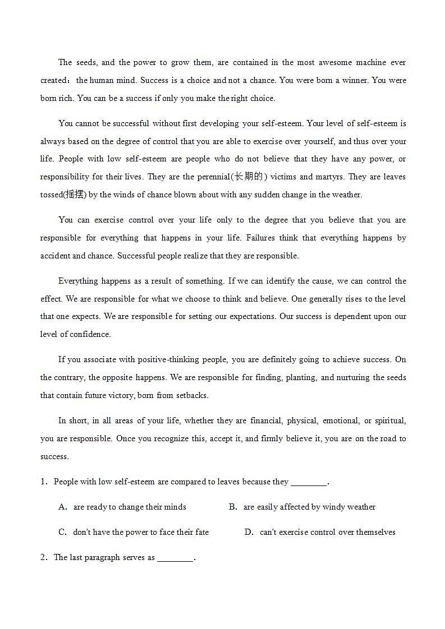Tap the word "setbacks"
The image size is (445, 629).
pos(192,395)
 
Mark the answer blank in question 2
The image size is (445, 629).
pos(175,557)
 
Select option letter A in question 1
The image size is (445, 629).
pos(62,507)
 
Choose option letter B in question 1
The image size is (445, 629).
pos(232,507)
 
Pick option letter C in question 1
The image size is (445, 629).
pos(62,532)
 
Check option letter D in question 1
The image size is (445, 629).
pos(249,532)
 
